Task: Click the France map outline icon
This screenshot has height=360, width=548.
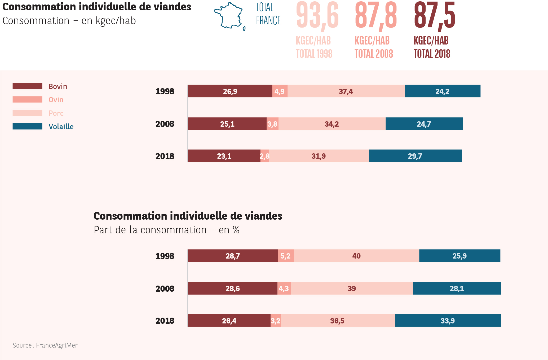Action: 229,16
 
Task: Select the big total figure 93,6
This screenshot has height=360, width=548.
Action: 317,15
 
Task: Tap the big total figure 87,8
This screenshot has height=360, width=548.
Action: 376,15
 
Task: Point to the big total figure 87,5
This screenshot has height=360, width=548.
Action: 434,15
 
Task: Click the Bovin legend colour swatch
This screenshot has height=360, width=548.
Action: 27,86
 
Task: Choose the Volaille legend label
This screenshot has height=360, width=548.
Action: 61,127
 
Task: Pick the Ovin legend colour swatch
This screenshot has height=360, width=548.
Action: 27,99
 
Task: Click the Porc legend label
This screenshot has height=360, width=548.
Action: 56,113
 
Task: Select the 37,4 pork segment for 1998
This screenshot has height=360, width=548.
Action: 346,91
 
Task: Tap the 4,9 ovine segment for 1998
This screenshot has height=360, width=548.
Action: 280,91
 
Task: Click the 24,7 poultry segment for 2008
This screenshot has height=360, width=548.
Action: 424,124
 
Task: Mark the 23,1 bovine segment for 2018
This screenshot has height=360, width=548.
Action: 224,156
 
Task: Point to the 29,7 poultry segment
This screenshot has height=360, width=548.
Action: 415,156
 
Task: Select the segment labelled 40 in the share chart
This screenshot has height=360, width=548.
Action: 356,256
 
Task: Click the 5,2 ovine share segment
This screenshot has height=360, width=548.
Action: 286,256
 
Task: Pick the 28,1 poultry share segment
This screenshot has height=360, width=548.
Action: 457,288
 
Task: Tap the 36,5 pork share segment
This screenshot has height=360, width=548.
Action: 337,321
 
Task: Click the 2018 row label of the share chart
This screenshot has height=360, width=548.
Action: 165,321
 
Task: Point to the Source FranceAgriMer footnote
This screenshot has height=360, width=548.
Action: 45,345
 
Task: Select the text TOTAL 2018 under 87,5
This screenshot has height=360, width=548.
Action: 432,54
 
